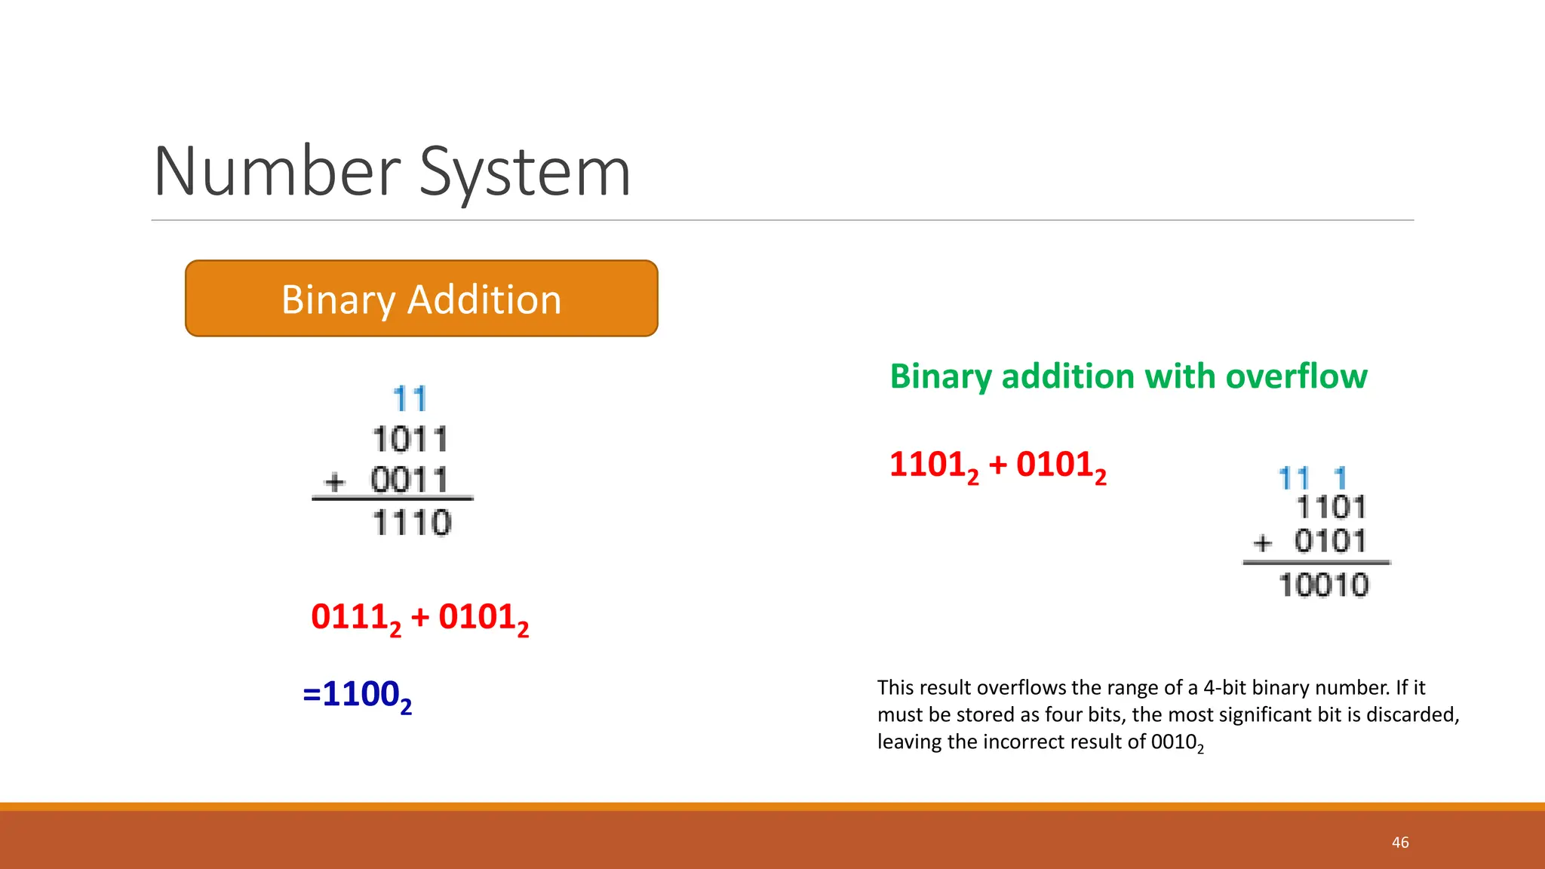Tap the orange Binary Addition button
(x=421, y=299)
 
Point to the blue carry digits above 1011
(x=410, y=399)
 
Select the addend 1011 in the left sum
(x=410, y=440)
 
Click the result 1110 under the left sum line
(x=412, y=523)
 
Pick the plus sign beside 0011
(x=334, y=481)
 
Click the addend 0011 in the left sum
(x=410, y=481)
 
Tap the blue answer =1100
(x=357, y=695)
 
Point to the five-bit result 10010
(x=1323, y=585)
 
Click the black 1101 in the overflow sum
(x=1331, y=508)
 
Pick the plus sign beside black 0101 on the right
(x=1262, y=542)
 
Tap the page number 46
(x=1400, y=843)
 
